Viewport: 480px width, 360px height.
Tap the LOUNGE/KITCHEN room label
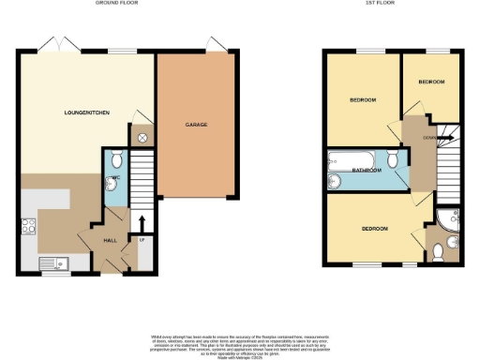pos(86,112)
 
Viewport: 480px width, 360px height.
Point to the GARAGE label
pos(196,124)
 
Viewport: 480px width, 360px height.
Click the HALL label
pos(109,240)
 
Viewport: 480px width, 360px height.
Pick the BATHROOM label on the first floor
pos(367,170)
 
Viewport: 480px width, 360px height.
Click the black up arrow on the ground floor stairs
pos(142,222)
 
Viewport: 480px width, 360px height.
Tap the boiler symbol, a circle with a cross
pos(142,137)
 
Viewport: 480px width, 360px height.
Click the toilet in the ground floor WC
pos(111,158)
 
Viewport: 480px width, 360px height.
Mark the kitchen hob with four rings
pos(27,227)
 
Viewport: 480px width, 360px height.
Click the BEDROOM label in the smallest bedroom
pos(431,82)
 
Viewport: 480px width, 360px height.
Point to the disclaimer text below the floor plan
pos(240,343)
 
